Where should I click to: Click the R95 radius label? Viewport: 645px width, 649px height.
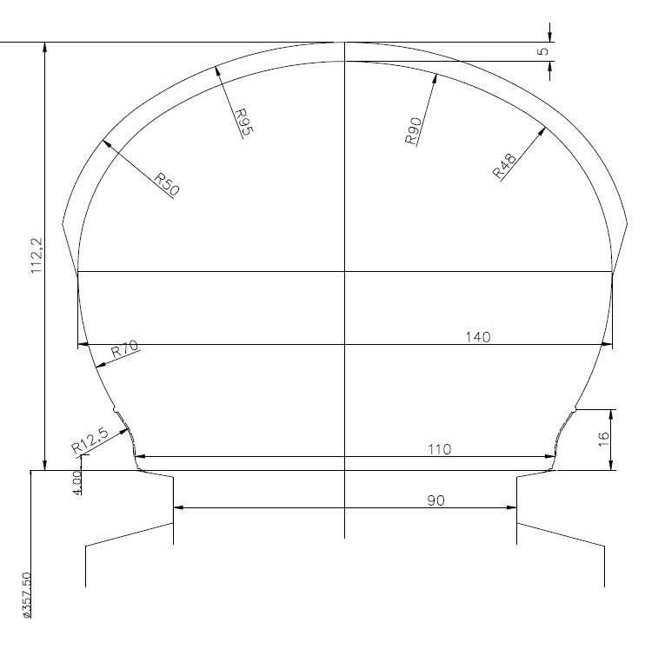click(244, 122)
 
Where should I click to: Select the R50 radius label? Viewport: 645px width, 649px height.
click(167, 184)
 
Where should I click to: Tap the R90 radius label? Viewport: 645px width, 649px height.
click(413, 131)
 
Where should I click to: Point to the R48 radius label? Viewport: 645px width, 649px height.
click(504, 165)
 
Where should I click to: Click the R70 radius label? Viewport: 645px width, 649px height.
click(125, 349)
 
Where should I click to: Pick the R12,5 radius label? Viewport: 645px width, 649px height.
click(90, 440)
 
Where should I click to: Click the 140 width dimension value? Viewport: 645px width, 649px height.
click(478, 337)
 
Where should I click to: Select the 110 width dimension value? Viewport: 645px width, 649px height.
click(439, 449)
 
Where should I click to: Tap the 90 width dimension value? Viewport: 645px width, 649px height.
click(436, 500)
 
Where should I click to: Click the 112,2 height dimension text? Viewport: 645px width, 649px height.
click(37, 255)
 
